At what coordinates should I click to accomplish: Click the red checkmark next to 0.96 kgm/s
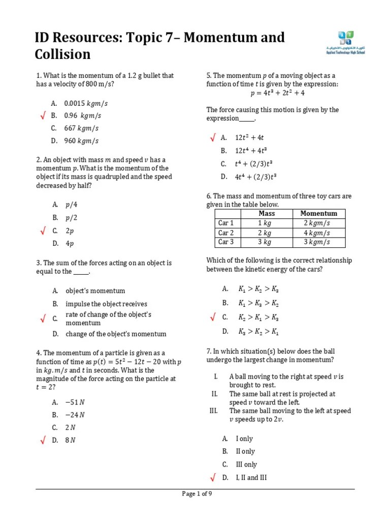[43, 117]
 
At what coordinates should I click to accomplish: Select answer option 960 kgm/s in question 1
[81, 141]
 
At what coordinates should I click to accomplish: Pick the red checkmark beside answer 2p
[43, 231]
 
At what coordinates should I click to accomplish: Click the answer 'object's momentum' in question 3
[95, 291]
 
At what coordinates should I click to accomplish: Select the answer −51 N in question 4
[75, 401]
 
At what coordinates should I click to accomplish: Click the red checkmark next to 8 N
[43, 440]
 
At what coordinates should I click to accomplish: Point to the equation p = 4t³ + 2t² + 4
[277, 93]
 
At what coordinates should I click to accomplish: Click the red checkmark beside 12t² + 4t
[213, 138]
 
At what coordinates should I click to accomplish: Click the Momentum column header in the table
[318, 214]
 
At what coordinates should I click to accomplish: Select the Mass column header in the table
[267, 214]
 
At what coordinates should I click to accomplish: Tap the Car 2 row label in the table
[226, 233]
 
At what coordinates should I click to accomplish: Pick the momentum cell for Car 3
[318, 242]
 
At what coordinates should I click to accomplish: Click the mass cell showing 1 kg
[267, 223]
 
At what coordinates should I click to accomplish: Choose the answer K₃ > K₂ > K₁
[258, 331]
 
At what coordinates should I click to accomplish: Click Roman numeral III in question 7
[213, 411]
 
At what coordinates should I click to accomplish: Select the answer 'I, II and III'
[251, 477]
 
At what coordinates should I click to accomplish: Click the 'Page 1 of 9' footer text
[197, 494]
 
